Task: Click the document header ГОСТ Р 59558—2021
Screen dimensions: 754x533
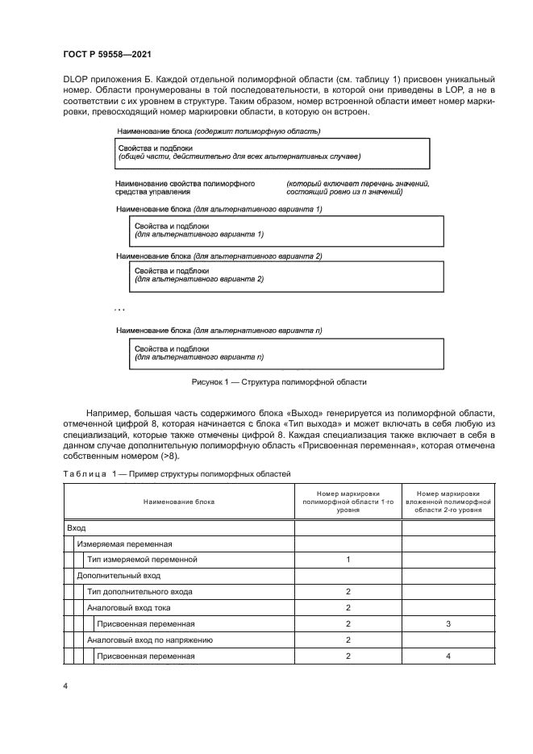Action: [106, 53]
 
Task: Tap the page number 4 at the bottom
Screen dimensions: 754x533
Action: [65, 686]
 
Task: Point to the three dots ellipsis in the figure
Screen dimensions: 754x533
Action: [119, 309]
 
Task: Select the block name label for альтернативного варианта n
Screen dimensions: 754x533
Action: [219, 330]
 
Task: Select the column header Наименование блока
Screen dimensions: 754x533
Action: [179, 502]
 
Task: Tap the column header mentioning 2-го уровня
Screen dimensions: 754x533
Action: [448, 502]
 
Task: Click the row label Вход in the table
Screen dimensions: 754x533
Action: [77, 527]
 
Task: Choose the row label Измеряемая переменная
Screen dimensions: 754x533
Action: [124, 544]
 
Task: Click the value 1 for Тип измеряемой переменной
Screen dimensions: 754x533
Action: [348, 560]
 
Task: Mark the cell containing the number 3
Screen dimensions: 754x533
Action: [448, 624]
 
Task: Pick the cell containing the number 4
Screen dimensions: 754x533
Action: [448, 656]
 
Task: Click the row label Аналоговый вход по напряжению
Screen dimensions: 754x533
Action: [149, 640]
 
